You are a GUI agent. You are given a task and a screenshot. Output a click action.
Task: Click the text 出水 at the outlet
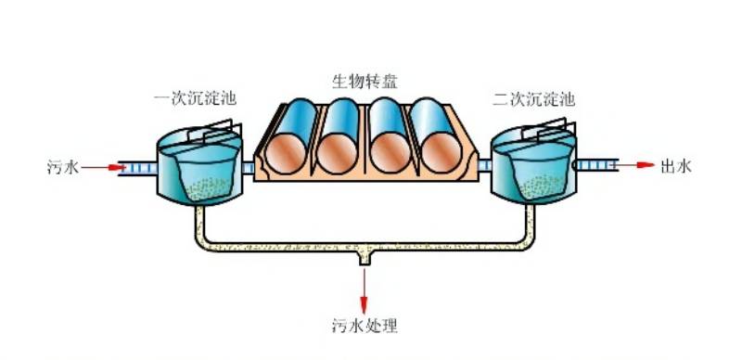tap(675, 167)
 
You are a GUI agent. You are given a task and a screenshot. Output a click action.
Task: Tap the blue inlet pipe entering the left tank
tap(139, 168)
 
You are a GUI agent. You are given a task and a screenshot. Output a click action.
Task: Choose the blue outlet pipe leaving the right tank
tap(597, 166)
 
